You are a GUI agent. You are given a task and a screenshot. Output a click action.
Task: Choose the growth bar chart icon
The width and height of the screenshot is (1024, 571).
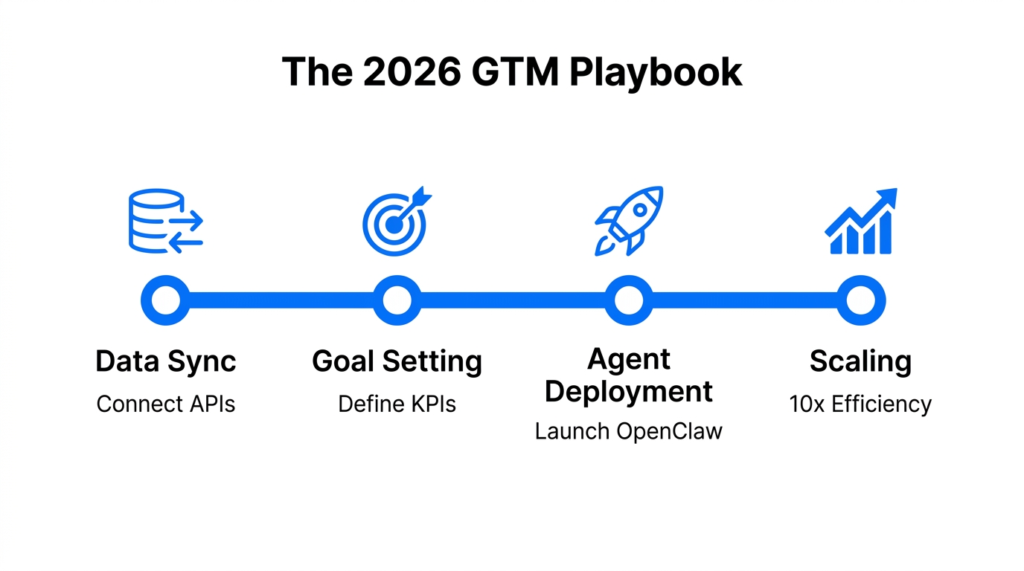pyautogui.click(x=861, y=222)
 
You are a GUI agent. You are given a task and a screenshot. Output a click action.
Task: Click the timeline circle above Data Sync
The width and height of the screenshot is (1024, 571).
pyautogui.click(x=165, y=301)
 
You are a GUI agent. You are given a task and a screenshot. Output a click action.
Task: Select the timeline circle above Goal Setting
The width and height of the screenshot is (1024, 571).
pyautogui.click(x=397, y=301)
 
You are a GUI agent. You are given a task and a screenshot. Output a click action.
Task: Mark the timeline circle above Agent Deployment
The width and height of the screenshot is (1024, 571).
pyautogui.click(x=629, y=301)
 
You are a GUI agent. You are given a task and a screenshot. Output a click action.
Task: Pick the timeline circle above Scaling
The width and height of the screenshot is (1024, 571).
pyautogui.click(x=861, y=301)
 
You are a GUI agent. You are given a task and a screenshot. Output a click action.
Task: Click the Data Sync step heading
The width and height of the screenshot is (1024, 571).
pyautogui.click(x=165, y=361)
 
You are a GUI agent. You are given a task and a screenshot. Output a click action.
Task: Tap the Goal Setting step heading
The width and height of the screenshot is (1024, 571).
pyautogui.click(x=397, y=361)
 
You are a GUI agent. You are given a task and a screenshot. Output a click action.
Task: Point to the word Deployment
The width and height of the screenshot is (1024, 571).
pyautogui.click(x=629, y=391)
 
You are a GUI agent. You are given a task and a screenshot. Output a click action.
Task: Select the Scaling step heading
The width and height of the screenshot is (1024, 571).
pyautogui.click(x=860, y=361)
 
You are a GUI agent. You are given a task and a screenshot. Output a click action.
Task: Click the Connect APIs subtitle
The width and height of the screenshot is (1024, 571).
pyautogui.click(x=165, y=404)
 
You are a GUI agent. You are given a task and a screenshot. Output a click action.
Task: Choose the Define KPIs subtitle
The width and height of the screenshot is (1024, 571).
pyautogui.click(x=397, y=404)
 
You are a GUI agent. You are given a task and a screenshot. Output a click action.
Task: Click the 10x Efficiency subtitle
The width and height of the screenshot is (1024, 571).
pyautogui.click(x=860, y=404)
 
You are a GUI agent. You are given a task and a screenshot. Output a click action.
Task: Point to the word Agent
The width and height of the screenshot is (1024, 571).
pyautogui.click(x=629, y=359)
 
